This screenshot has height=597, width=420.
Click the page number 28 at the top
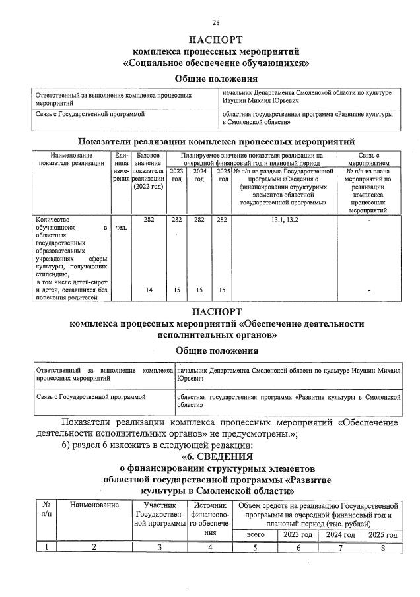[x=216, y=22]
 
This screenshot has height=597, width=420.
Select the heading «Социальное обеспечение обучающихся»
[x=217, y=63]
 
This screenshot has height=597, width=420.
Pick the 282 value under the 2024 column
[x=199, y=219]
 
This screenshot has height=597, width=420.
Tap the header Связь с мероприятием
[x=368, y=159]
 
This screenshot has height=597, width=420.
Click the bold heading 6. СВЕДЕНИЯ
[x=217, y=456]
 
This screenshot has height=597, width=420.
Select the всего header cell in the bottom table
[x=256, y=535]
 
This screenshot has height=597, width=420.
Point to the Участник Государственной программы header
[x=160, y=514]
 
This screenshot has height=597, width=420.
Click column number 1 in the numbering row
[x=46, y=547]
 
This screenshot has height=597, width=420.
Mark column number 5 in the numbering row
[x=256, y=547]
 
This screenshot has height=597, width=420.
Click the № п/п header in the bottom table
[x=46, y=509]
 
